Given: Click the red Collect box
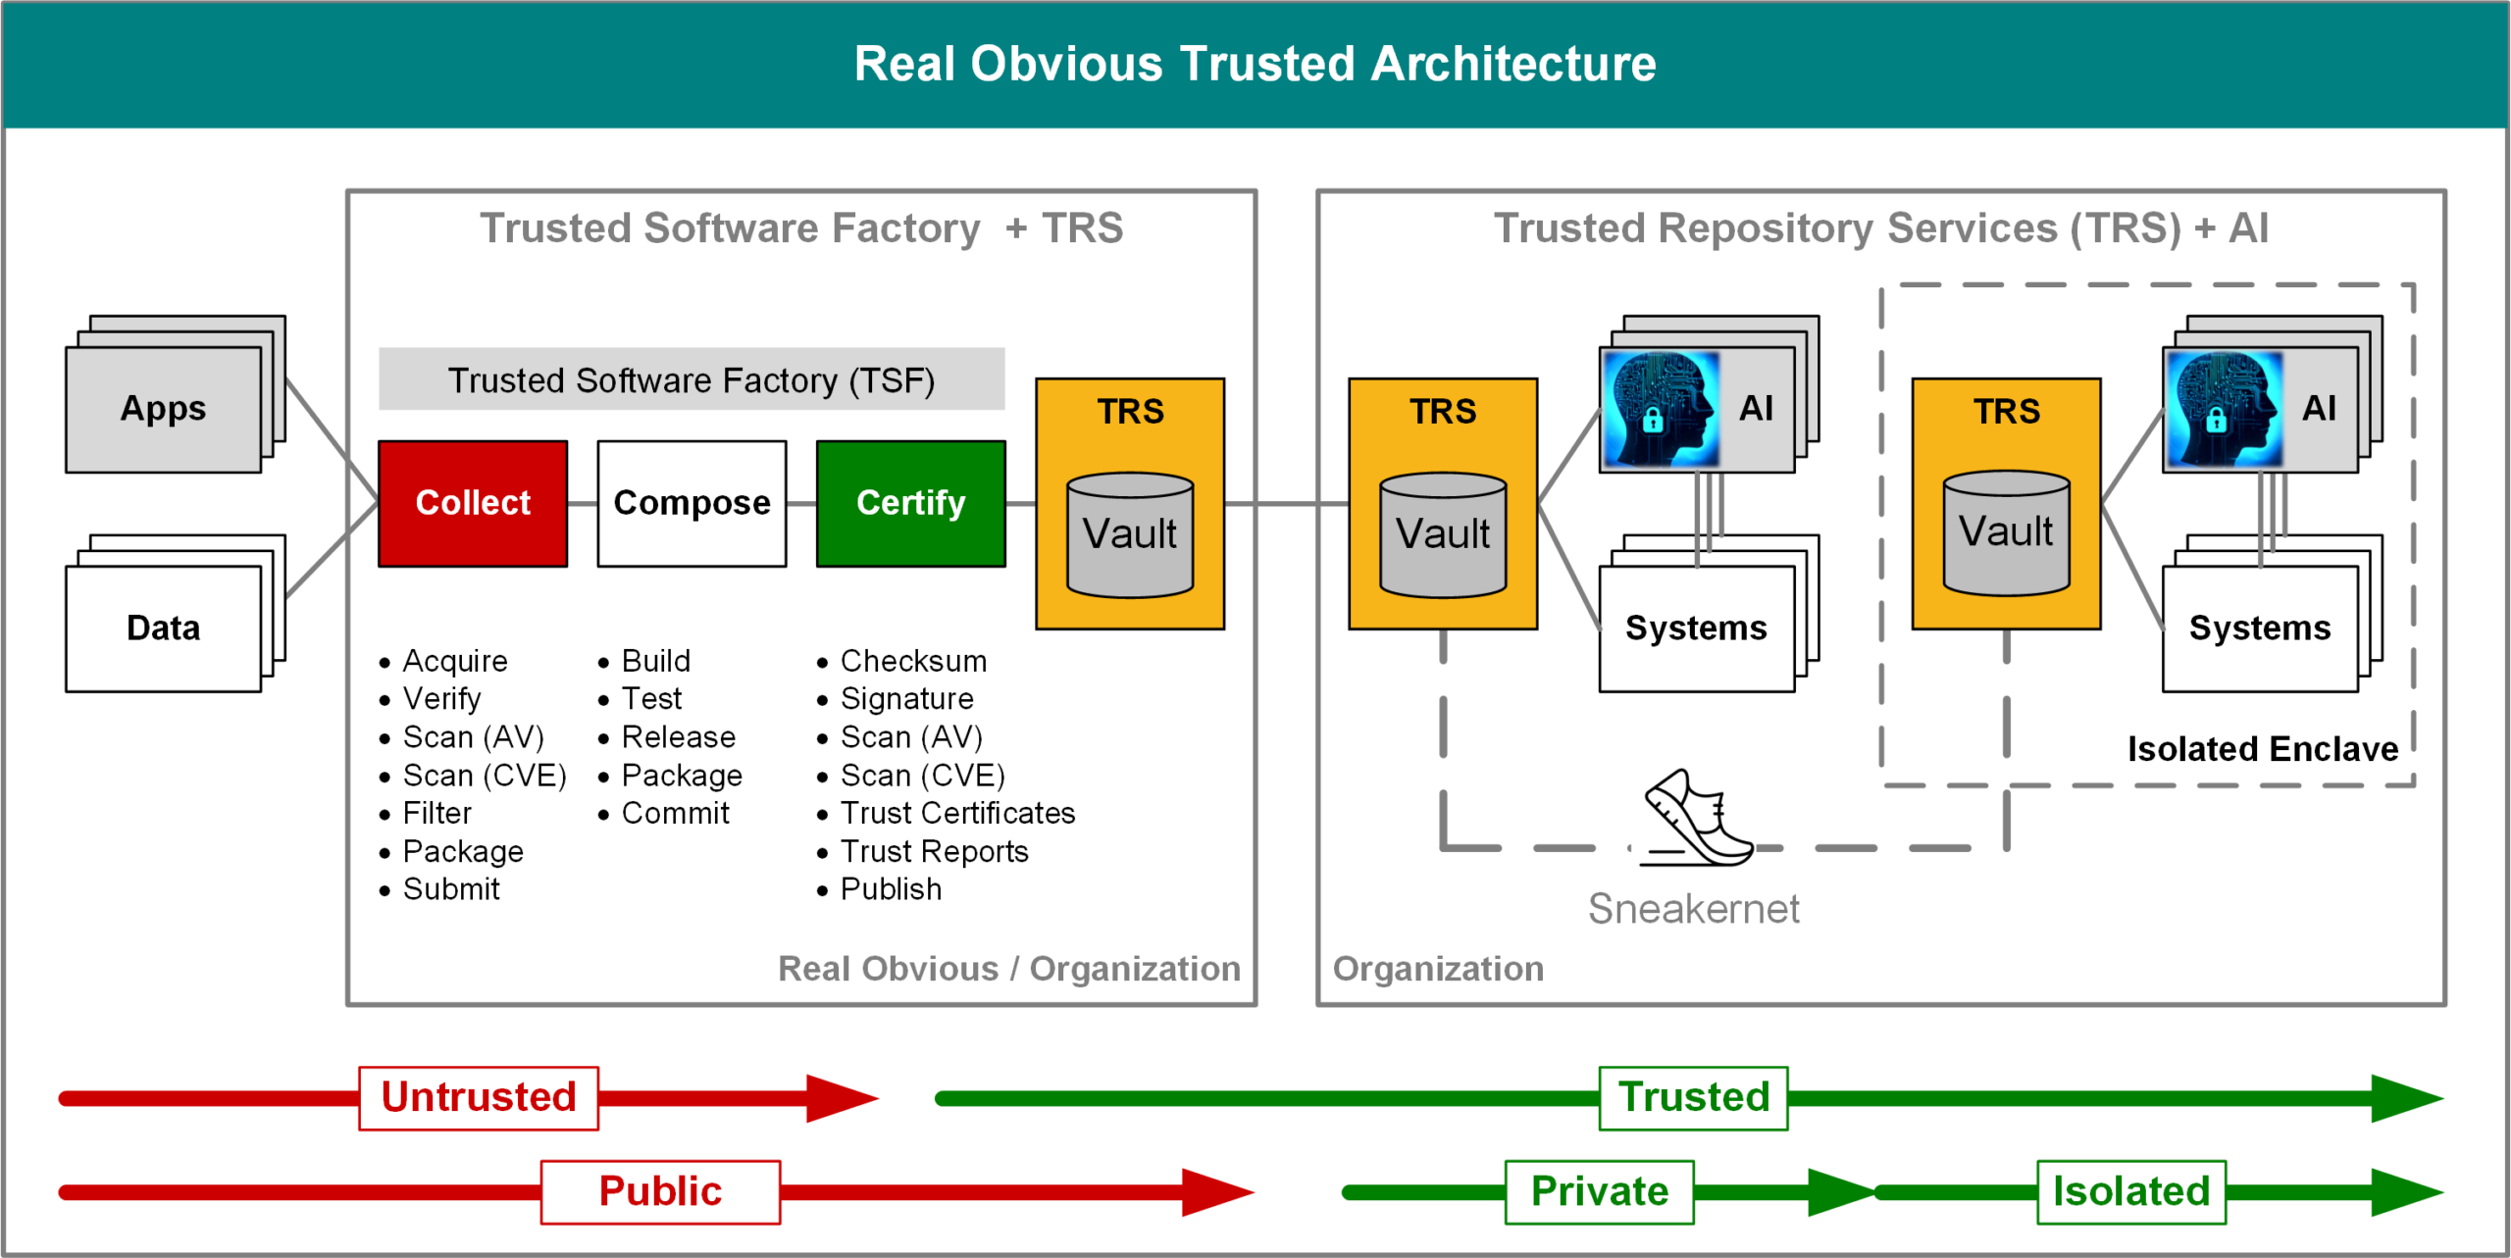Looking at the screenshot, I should point(473,503).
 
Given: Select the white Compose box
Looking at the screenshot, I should point(692,503).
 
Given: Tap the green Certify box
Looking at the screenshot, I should point(910,503).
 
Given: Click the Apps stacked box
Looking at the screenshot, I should point(164,409).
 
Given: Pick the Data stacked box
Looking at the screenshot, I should point(164,628).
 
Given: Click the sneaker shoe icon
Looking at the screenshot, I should point(1697,820).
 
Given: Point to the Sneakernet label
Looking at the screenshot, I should point(1693,909).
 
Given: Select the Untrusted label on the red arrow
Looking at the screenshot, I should point(479,1097).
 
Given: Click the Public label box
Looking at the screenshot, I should point(660,1191).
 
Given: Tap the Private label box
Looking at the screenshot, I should point(1599,1191).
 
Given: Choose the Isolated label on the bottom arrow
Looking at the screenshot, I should point(2130,1191).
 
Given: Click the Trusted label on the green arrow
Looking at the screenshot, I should point(1693,1097).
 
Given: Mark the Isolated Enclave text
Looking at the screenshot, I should point(2262,749).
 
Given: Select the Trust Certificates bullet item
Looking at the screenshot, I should point(957,813).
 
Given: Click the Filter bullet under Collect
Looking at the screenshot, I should point(436,813).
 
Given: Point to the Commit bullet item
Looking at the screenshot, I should point(675,813).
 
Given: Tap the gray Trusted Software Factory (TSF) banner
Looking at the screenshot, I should point(692,379).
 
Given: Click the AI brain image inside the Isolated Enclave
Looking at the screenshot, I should point(2223,410).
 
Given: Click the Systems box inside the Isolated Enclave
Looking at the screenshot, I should point(2259,628).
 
